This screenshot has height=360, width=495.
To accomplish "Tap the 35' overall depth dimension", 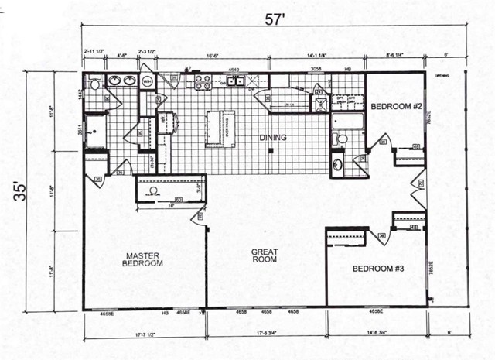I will coord(19,190).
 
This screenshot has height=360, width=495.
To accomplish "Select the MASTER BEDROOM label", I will coord(142,259).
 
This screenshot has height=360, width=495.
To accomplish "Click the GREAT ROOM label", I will coord(265,256).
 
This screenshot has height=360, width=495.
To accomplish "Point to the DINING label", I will coord(273,138).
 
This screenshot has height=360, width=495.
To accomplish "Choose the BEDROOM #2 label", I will coord(394,105).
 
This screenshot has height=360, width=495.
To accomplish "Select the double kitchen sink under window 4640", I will coord(234,81).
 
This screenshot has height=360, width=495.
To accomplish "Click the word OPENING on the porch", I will coord(442,76).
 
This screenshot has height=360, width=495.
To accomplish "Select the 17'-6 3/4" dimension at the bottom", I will coord(266,335).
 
